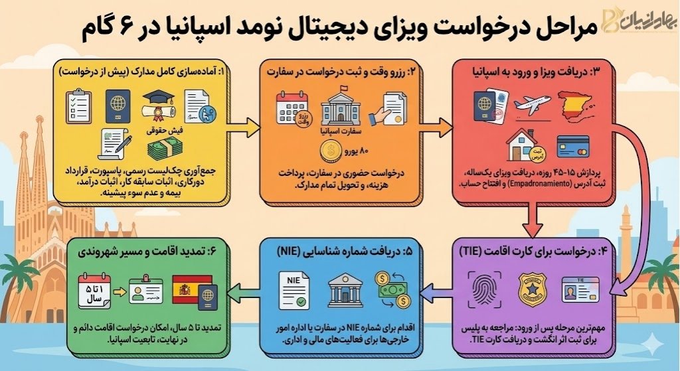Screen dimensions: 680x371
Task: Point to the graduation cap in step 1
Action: click(160, 104)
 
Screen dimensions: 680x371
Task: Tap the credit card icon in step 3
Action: click(573, 146)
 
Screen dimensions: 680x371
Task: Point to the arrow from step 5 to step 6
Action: click(238, 291)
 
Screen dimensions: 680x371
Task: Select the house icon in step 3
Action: click(521, 145)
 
